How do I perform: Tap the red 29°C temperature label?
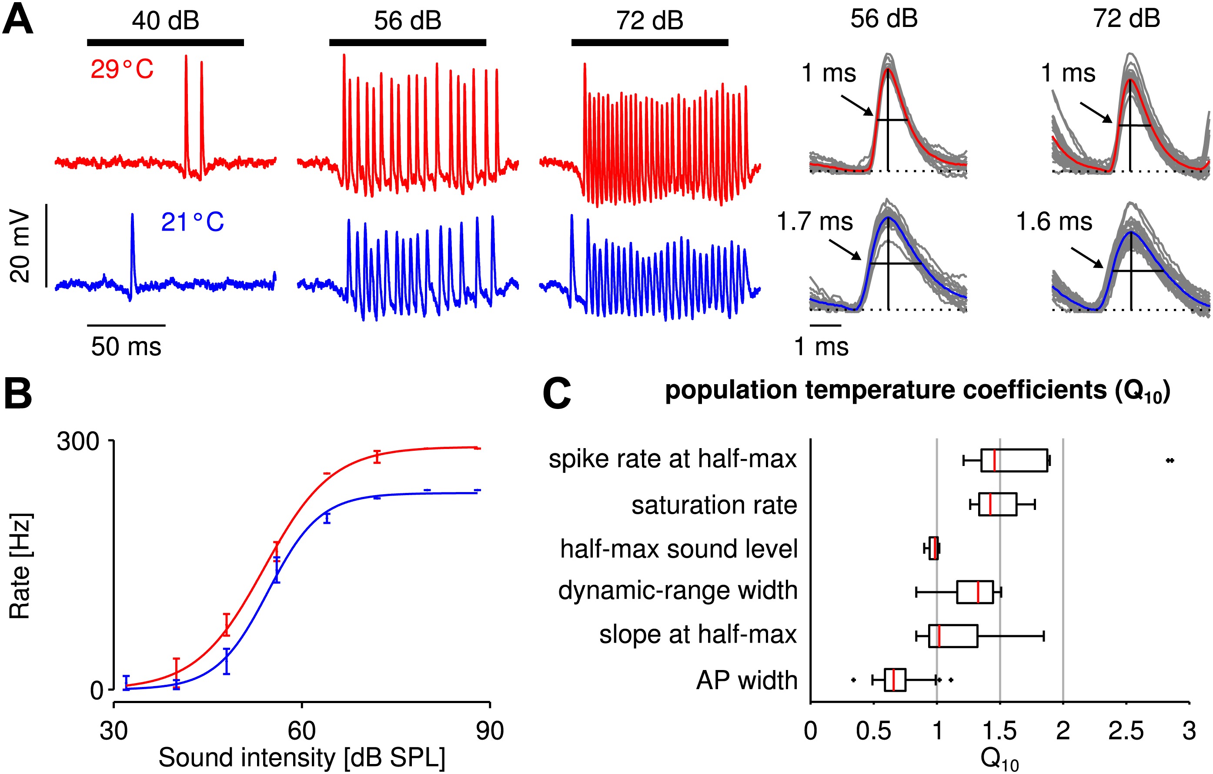[122, 70]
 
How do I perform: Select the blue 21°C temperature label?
[192, 222]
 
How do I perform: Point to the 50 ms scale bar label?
[126, 347]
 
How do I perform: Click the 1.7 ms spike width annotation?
[815, 222]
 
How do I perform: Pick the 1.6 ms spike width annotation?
[1054, 222]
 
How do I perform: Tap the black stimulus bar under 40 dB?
[165, 42]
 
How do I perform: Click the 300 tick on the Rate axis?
[78, 442]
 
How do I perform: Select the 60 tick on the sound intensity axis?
[301, 730]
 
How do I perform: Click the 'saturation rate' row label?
[714, 505]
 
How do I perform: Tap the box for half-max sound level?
[933, 548]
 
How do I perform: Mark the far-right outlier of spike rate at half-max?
[1170, 460]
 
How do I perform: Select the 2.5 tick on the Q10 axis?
[1126, 730]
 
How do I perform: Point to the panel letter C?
[557, 394]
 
